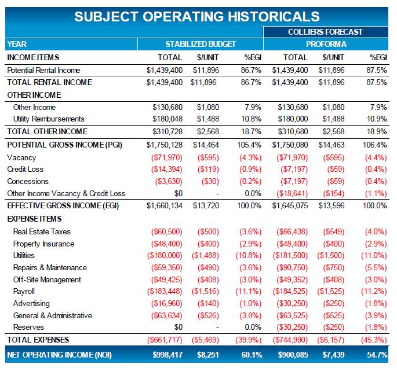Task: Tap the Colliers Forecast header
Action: pyautogui.click(x=326, y=32)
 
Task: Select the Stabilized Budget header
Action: pyautogui.click(x=201, y=44)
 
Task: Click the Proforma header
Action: pyautogui.click(x=326, y=44)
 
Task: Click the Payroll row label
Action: pyautogui.click(x=24, y=292)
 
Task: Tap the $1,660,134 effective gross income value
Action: pyautogui.click(x=165, y=205)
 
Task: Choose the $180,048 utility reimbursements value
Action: pyautogui.click(x=167, y=119)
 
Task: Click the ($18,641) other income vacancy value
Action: pyautogui.click(x=290, y=193)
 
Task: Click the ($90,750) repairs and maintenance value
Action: pyautogui.click(x=290, y=268)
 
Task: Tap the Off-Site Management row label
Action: pyautogui.click(x=47, y=280)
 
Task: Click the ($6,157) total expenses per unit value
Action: pyautogui.click(x=331, y=340)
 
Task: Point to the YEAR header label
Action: pyautogui.click(x=17, y=44)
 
